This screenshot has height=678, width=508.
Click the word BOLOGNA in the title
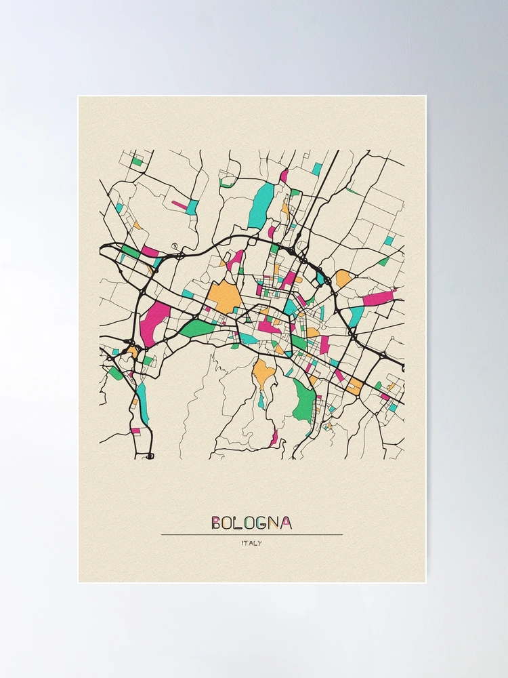[251, 523]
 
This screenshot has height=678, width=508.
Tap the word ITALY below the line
[251, 543]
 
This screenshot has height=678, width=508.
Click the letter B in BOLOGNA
[216, 523]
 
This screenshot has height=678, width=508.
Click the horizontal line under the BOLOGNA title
[251, 535]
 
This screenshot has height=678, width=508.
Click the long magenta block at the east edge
[379, 297]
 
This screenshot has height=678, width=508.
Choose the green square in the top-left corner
[137, 161]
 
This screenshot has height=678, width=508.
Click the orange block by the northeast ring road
[344, 278]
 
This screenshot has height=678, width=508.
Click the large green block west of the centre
[196, 328]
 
